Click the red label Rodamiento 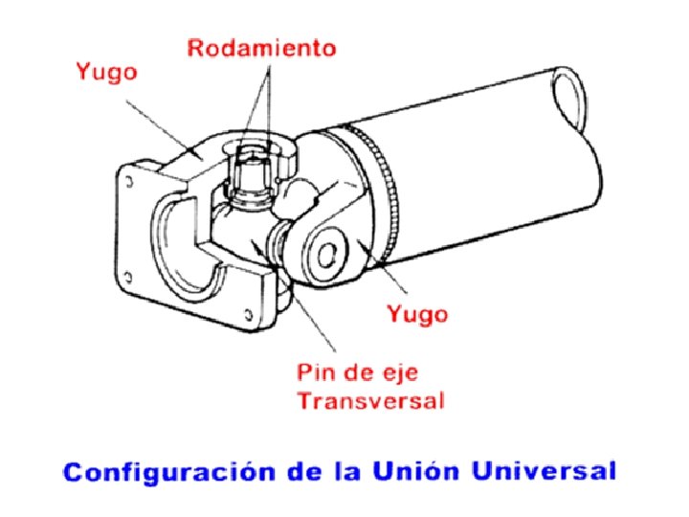tap(261, 48)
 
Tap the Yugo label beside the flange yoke tap(107, 71)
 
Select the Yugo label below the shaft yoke tap(416, 313)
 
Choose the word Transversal tap(370, 400)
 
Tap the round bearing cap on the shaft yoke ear tap(326, 254)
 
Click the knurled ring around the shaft tap(387, 191)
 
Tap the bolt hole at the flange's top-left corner tap(126, 180)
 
